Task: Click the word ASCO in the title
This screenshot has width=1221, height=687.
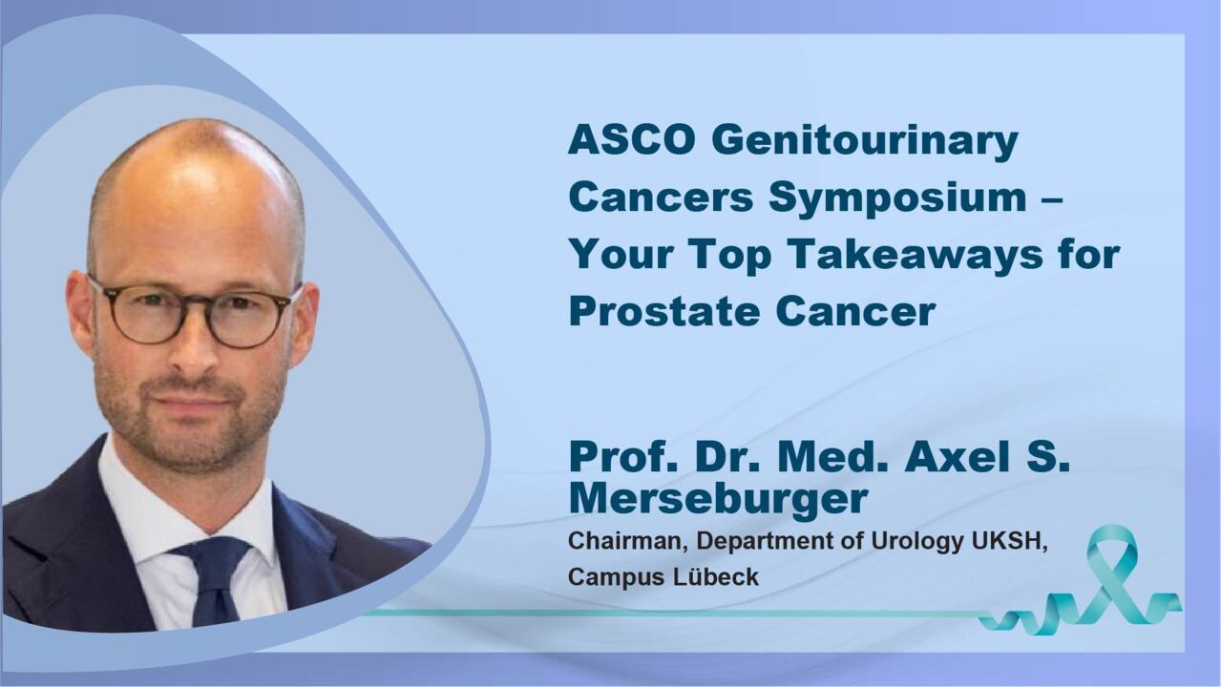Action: (632, 140)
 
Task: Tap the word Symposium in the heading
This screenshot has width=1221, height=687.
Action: (897, 198)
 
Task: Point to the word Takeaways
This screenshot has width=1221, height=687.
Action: (915, 256)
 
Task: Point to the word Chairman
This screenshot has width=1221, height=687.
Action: (627, 541)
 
